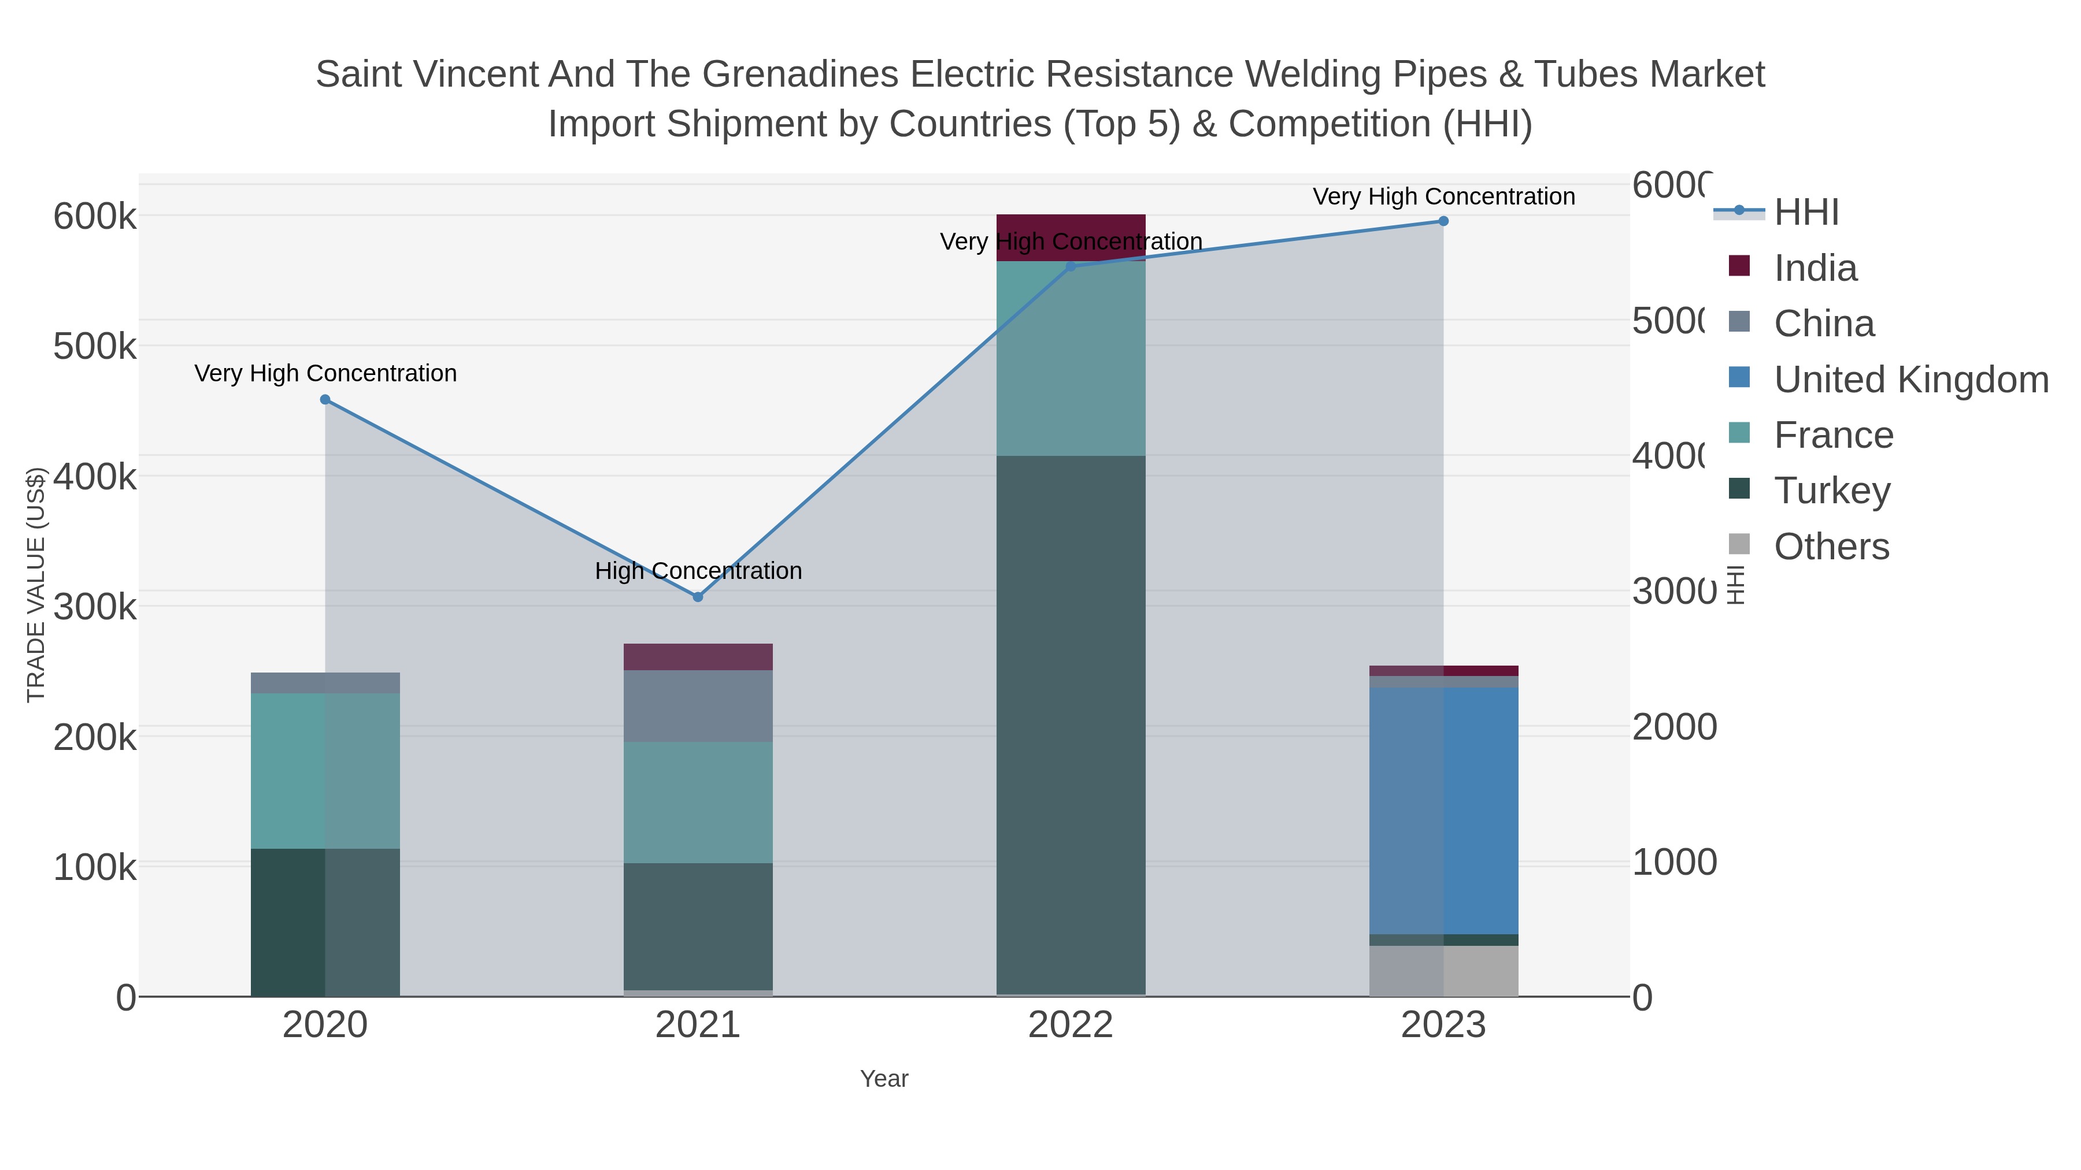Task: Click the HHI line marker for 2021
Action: tap(698, 597)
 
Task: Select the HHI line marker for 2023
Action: tap(1443, 221)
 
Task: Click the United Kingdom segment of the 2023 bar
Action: tap(1443, 810)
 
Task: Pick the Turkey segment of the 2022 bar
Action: tap(1071, 725)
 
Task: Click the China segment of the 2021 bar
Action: tap(698, 705)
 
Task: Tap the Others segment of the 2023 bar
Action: tap(1443, 971)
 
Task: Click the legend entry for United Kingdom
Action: tap(1910, 380)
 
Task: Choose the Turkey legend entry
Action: tap(1832, 490)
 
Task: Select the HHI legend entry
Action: tap(1806, 213)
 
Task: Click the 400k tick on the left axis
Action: tap(95, 477)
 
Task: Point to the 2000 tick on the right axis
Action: tap(1674, 727)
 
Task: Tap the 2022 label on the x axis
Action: tap(1071, 1026)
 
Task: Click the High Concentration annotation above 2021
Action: tap(698, 571)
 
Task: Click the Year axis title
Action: tap(884, 1079)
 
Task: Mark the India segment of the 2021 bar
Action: tap(698, 656)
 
